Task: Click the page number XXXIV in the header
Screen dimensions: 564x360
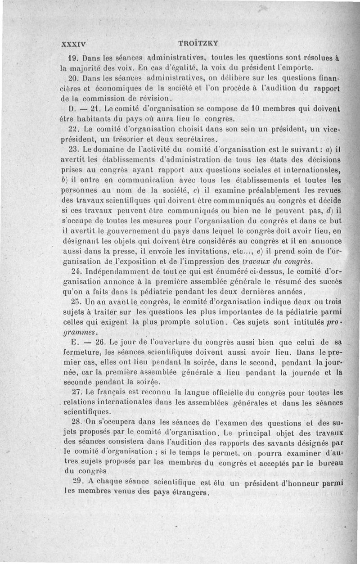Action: [x=73, y=44]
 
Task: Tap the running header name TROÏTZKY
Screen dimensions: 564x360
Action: [x=198, y=44]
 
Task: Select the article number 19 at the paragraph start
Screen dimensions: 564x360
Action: [x=73, y=57]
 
